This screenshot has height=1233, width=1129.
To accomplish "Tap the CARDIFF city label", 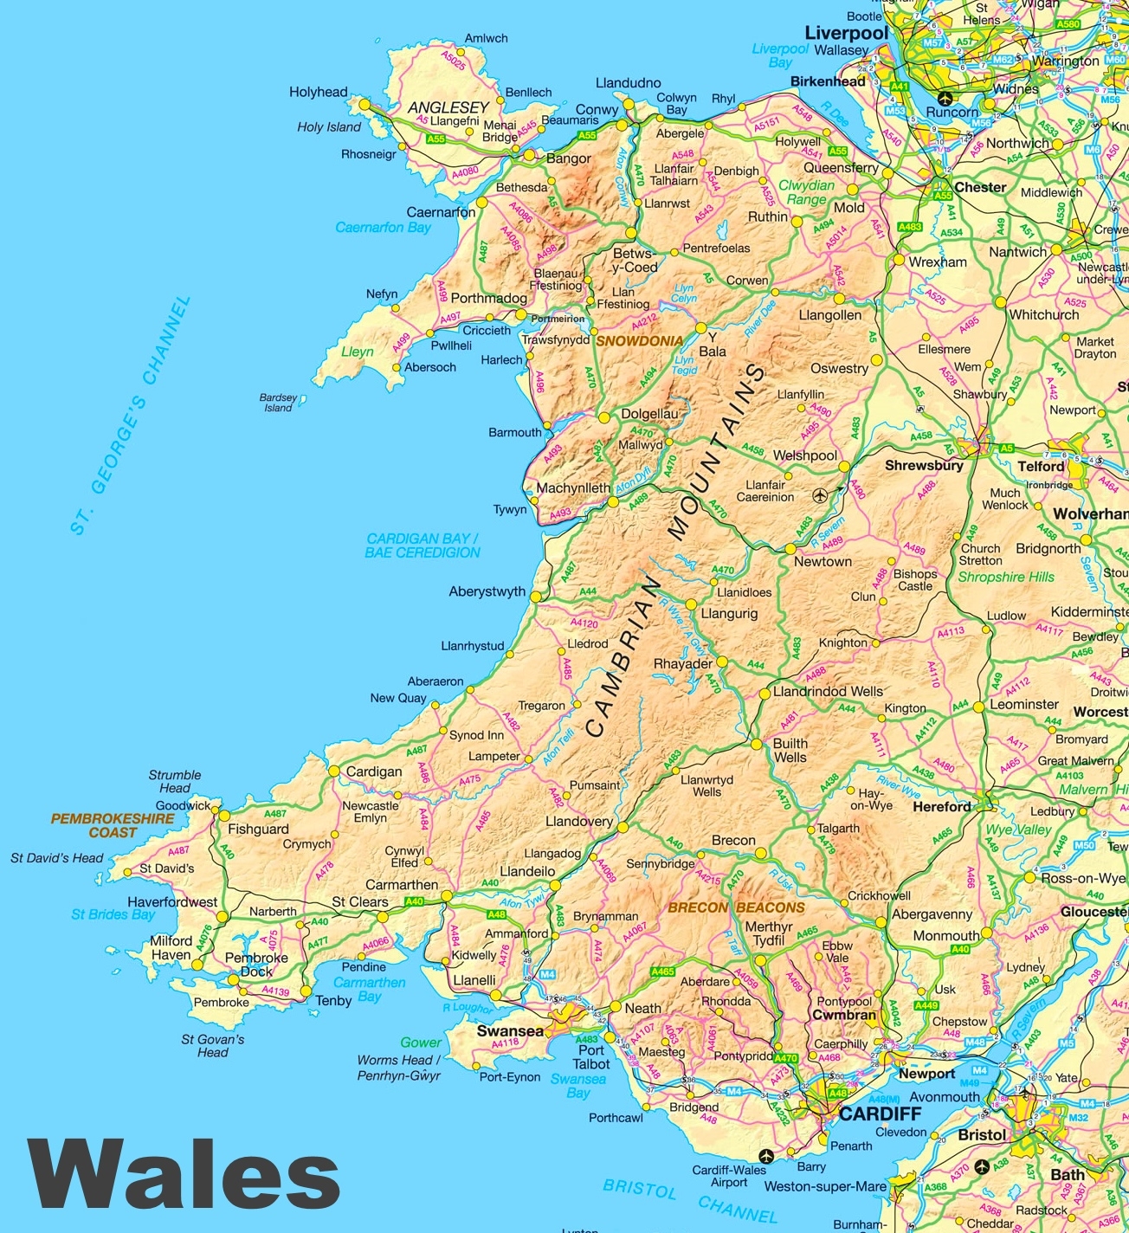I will coord(880,1114).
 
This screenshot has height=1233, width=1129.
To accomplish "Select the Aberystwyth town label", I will coord(487,591).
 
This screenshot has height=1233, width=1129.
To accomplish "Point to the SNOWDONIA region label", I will coord(640,341).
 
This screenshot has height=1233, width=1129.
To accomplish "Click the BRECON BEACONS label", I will coord(736,907).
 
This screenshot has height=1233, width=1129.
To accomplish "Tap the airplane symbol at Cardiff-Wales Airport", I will coord(765,1156).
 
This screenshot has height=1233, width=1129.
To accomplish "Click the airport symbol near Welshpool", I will coord(820,495).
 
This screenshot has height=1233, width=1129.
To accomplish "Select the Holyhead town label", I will coord(318,92).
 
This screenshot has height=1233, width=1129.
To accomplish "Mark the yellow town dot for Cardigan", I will coord(333,771).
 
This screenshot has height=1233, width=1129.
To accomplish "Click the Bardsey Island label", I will coord(278,403).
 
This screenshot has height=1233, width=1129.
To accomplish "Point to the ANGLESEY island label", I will coord(448,107).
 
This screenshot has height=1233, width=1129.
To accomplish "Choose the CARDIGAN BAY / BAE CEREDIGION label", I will coord(423,545).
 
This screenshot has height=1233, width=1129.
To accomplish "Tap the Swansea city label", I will coord(510,1031).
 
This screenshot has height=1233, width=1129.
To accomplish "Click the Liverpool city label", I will coord(846,33).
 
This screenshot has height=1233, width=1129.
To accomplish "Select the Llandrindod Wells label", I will coord(828,692).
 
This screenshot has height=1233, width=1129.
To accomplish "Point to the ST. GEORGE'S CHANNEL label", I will coord(130,416).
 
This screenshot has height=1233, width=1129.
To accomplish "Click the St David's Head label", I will coord(56,858).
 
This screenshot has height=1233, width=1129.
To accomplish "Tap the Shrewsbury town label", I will coord(924,465).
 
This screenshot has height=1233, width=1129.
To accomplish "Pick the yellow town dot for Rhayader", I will coord(721,662).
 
